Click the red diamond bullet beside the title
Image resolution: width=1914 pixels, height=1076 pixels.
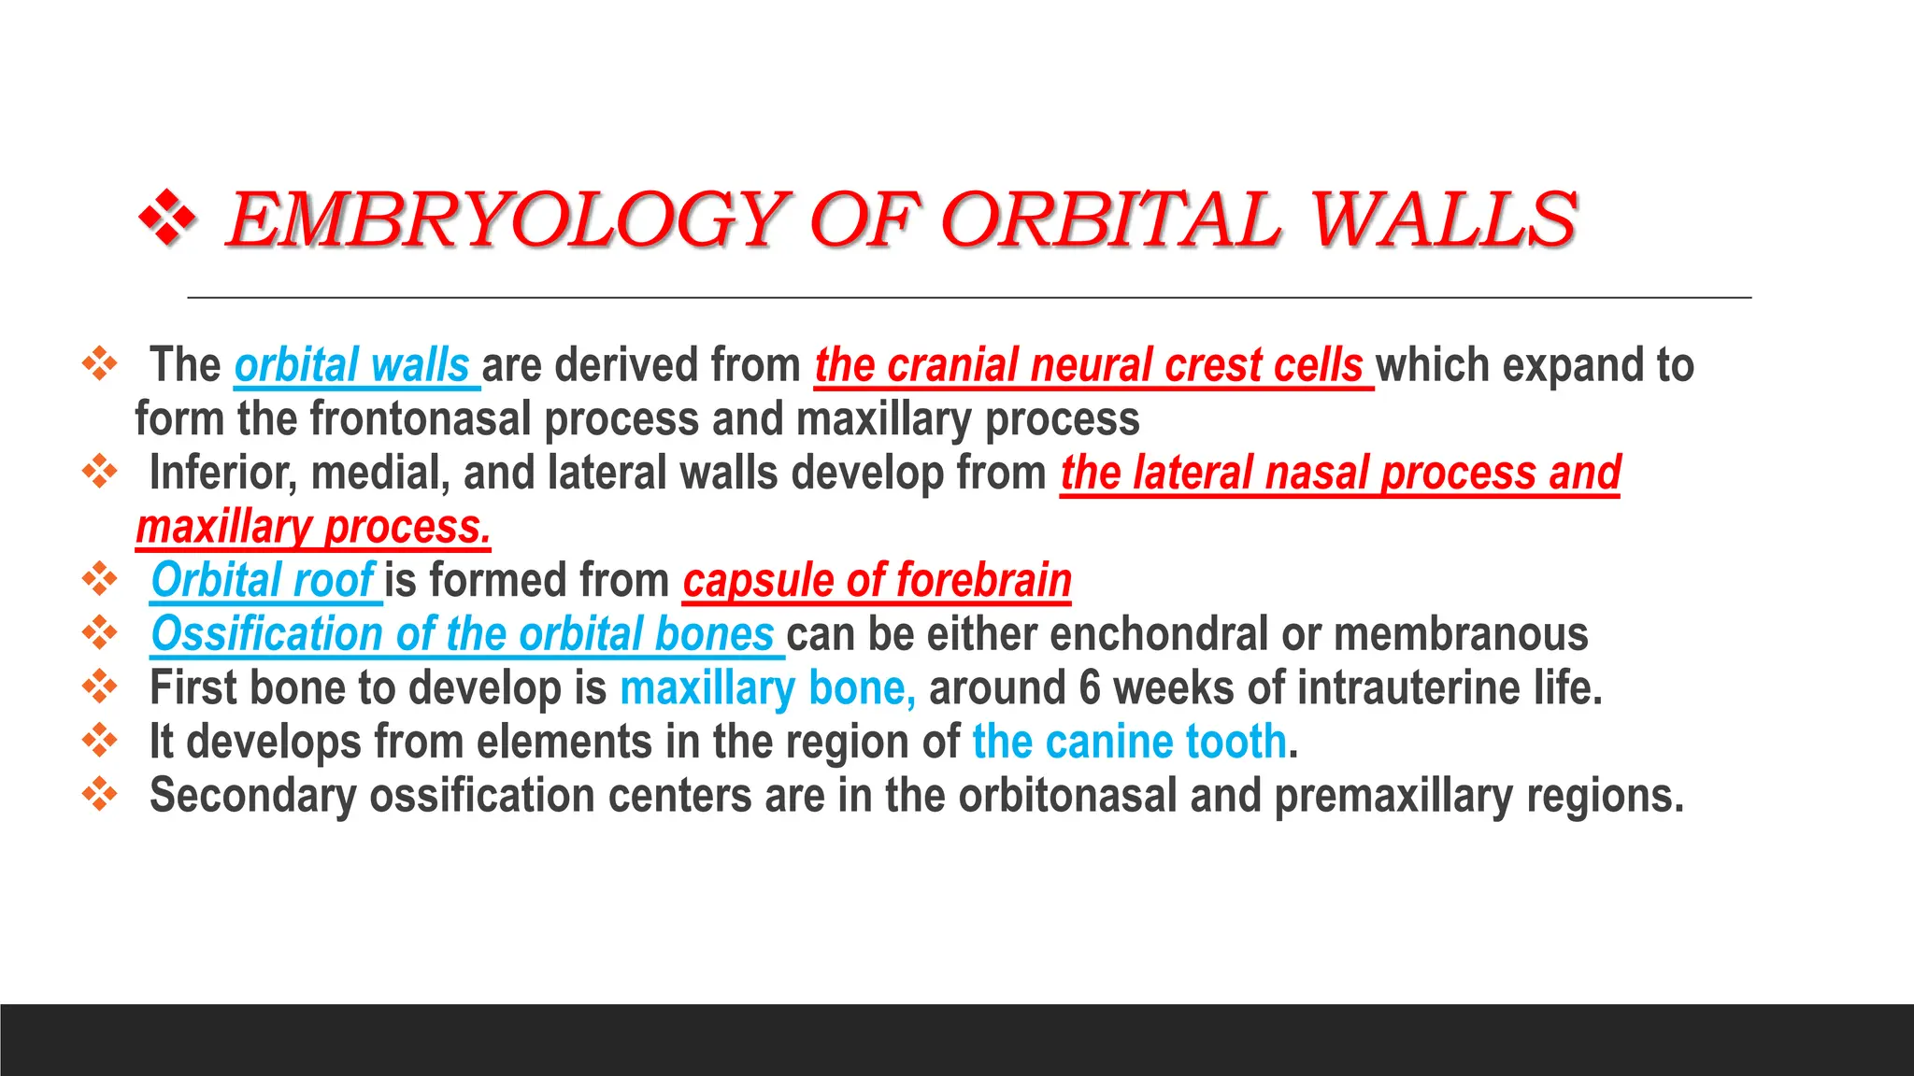pos(167,219)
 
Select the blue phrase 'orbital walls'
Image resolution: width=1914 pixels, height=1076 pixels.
pos(352,365)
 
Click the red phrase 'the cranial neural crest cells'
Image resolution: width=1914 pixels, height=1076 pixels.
pos(1089,365)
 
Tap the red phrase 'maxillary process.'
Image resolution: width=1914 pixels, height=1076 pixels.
pos(313,527)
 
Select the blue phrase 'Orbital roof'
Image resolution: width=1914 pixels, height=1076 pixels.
pos(264,580)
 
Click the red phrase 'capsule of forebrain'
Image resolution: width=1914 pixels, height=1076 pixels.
pos(877,580)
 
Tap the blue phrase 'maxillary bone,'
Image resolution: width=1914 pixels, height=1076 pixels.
pos(767,688)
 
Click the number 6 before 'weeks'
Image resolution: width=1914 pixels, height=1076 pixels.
pos(1090,688)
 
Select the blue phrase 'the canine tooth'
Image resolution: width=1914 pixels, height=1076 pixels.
pos(1129,742)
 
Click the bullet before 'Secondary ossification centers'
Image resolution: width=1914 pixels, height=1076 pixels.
pos(99,795)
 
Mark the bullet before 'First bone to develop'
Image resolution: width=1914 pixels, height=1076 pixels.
pos(99,687)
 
